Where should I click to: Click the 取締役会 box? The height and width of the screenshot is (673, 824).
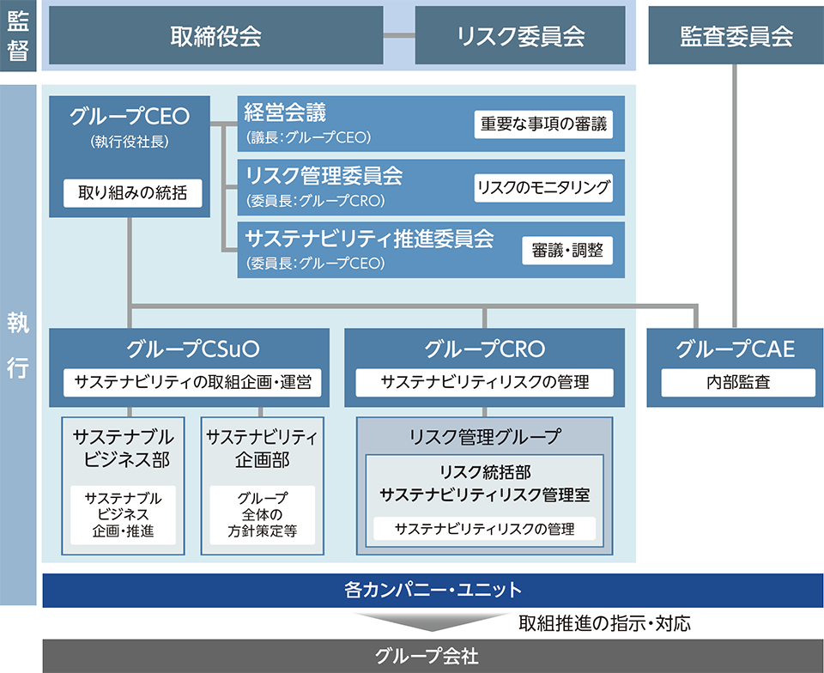(x=216, y=35)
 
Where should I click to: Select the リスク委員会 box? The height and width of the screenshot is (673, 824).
(x=520, y=35)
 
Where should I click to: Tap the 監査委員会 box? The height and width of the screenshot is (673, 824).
(x=736, y=35)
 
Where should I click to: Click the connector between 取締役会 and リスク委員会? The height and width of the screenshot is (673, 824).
(x=399, y=36)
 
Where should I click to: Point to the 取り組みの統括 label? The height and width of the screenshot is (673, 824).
(x=132, y=193)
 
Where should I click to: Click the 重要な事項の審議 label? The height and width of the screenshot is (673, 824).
(x=543, y=124)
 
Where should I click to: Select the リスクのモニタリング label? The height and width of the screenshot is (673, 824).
(x=543, y=187)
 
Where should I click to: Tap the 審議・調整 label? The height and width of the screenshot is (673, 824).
(x=567, y=251)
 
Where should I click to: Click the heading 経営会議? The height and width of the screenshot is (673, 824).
(x=285, y=112)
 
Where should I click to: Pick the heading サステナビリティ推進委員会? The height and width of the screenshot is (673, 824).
(x=369, y=239)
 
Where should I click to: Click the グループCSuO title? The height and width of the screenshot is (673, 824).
(x=192, y=349)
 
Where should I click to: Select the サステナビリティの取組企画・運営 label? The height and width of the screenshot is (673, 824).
(x=193, y=382)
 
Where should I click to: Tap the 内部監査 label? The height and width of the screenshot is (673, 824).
(x=738, y=382)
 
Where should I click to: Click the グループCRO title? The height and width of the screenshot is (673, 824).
(x=484, y=349)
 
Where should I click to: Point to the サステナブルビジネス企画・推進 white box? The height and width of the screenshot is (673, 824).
(x=123, y=515)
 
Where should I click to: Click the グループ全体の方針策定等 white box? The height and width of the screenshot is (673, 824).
(x=263, y=515)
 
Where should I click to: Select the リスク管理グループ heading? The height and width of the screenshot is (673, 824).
(x=484, y=437)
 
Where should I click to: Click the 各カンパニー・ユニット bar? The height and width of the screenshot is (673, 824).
(x=433, y=591)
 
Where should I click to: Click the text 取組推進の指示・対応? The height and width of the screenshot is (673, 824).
(x=604, y=623)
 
